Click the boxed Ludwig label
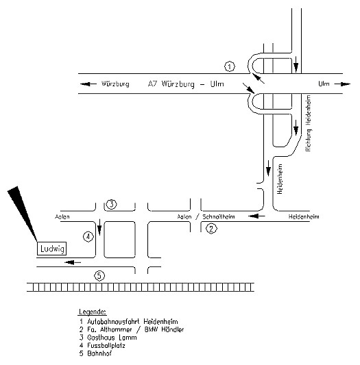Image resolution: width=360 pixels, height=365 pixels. pos(51,249)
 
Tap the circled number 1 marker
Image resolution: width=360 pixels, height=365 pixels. pos(230,67)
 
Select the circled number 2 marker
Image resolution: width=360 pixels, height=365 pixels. pos(211,229)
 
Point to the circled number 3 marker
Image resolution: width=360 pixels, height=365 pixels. pos(112,204)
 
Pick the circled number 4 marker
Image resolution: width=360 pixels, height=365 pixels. pos(88,237)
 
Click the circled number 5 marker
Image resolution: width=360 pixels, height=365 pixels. pos(99,276)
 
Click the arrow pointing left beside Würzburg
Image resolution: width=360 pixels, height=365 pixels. pos(88,84)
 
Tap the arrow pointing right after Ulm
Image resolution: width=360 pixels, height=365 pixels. pos(342,84)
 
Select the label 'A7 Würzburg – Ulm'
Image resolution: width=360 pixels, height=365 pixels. pos(186,84)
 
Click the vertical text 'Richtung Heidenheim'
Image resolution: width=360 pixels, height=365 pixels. pos(309,123)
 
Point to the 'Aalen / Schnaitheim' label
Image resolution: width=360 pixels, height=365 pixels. pos(206,216)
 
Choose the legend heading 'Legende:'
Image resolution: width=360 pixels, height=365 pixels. pos(93,312)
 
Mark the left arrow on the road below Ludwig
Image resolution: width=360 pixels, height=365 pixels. pos(73,262)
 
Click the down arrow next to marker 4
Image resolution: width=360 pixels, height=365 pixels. pos(99,227)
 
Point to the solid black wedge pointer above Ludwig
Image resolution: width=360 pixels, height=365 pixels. pos(21,211)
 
